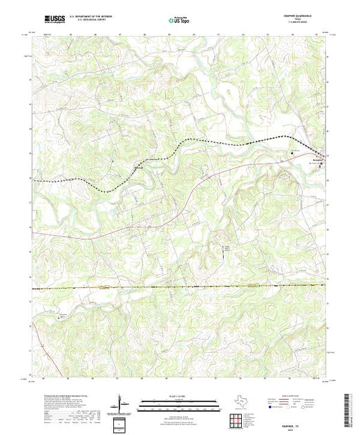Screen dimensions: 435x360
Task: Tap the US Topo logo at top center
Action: click(x=178, y=21)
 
